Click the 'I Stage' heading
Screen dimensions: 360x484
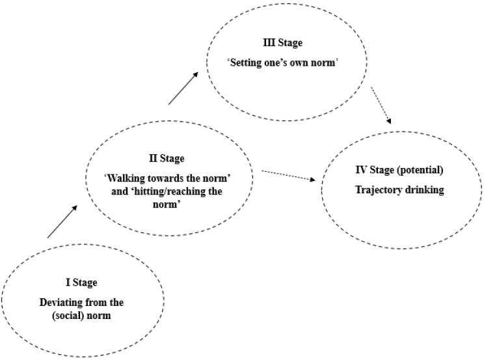pos(81,283)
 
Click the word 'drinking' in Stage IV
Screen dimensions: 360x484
pos(412,190)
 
